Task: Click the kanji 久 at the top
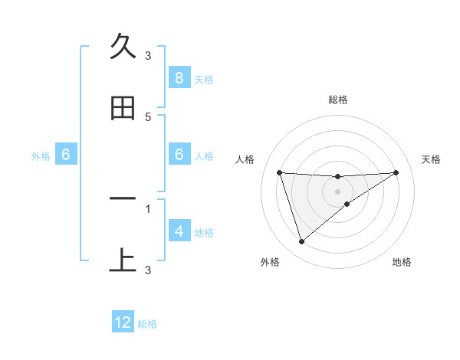pos(123,47)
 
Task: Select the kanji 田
pos(123,108)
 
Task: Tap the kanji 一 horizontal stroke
pos(123,199)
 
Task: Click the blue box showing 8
pos(179,77)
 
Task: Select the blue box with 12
pos(123,322)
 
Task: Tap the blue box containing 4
pos(179,231)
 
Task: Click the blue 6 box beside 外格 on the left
pos(66,155)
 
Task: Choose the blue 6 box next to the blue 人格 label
pos(179,155)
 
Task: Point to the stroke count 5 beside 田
pos(148,116)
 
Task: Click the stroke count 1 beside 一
pos(148,208)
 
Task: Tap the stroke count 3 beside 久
pos(148,55)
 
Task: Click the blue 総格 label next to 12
pos(147,324)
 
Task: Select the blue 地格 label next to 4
pos(203,232)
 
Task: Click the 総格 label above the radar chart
pos(338,100)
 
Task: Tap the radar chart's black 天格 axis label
pos(432,159)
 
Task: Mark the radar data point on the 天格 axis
pos(396,172)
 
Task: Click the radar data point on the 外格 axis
pos(301,242)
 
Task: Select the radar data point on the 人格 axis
pos(279,172)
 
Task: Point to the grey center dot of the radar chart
pos(338,191)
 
